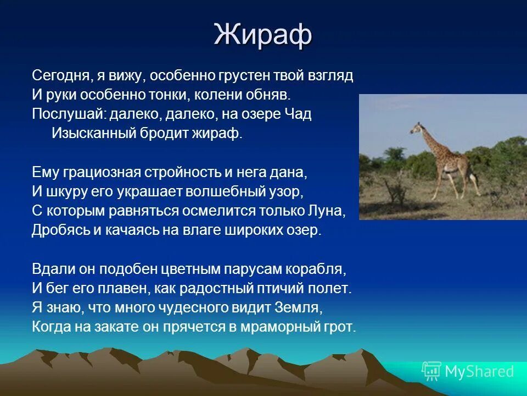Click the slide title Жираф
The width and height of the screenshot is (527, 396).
tap(263, 35)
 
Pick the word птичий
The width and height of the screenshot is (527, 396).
tap(285, 289)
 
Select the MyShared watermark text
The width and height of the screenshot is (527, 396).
tap(479, 372)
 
